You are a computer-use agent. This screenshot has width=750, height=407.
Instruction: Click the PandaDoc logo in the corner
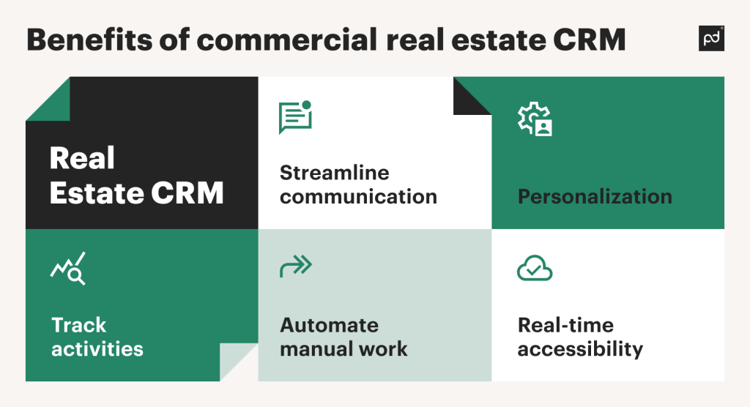point(711,38)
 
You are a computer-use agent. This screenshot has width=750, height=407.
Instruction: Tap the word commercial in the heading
point(287,40)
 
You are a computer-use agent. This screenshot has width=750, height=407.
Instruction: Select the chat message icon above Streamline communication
point(296,117)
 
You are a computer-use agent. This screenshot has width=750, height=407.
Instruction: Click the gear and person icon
point(535,119)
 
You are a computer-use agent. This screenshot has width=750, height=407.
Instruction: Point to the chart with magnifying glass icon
point(68,269)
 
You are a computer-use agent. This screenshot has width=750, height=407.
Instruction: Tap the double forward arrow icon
point(296,266)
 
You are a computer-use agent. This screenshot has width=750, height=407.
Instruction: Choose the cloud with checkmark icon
point(535,268)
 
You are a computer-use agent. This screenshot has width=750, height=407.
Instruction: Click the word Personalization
point(595,197)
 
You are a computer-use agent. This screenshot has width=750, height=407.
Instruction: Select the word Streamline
point(334,173)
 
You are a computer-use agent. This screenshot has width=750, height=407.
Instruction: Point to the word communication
point(358,197)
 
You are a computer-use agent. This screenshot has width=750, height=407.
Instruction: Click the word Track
point(78,325)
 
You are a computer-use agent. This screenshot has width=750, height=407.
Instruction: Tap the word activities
point(97,349)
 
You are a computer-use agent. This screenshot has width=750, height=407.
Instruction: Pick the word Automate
point(329,325)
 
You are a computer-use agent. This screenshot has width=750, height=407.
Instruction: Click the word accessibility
point(580,349)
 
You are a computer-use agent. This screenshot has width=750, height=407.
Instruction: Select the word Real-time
point(566,325)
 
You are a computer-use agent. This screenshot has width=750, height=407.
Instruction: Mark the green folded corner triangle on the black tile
point(55,106)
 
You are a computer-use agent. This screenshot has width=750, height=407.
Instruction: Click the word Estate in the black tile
point(96,193)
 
